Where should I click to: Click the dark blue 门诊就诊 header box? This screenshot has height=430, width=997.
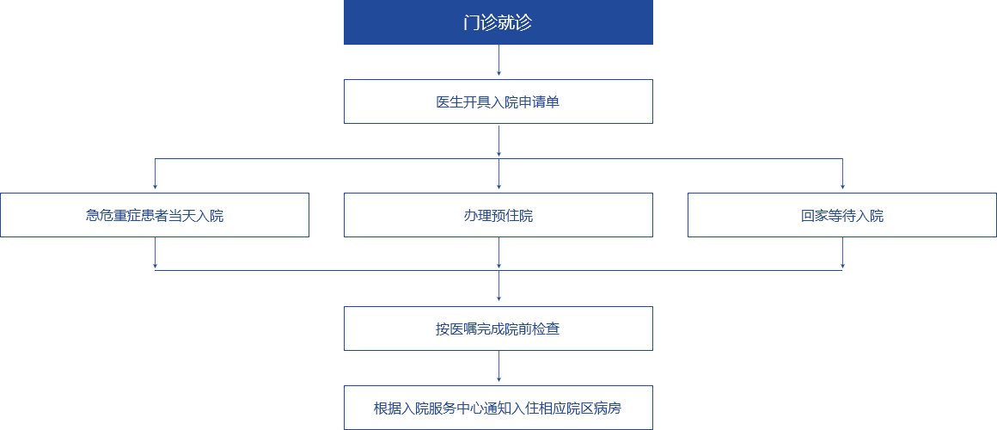tap(498, 22)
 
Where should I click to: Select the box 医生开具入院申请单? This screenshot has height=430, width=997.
tap(498, 101)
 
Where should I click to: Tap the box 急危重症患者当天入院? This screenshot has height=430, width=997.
tap(155, 215)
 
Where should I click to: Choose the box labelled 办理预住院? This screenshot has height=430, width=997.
tap(498, 215)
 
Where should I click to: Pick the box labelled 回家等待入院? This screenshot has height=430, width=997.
tap(842, 215)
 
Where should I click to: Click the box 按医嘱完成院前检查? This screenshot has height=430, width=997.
tap(498, 329)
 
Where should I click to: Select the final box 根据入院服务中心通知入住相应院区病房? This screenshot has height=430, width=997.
tap(498, 408)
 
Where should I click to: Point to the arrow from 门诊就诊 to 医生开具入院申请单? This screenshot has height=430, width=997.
tap(498, 62)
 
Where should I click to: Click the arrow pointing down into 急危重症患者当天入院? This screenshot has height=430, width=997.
tap(155, 175)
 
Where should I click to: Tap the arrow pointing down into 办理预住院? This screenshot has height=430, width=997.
tap(498, 175)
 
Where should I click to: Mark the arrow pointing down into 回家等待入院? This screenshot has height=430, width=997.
tap(842, 175)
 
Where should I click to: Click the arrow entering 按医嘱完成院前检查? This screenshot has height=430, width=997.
tap(498, 287)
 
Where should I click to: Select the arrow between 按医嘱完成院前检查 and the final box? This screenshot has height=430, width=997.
tap(498, 367)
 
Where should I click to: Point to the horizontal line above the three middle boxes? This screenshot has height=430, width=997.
tap(344, 158)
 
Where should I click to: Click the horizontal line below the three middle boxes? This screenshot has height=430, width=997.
tap(344, 270)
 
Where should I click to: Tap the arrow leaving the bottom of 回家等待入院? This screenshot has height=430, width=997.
tap(842, 253)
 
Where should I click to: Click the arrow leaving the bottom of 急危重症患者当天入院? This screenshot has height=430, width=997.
tap(155, 253)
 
